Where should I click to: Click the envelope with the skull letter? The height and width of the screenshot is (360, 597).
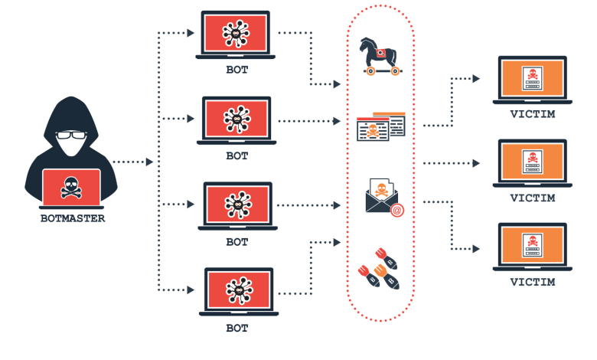381,198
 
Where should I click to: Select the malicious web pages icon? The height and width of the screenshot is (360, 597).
380,127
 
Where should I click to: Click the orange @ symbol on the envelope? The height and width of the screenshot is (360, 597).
396,210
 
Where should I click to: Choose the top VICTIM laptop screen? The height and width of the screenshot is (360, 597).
530,79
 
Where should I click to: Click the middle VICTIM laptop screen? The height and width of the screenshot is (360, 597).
530,162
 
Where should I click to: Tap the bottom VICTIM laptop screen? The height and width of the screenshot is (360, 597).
530,247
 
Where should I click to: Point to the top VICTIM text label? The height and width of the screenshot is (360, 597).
531,115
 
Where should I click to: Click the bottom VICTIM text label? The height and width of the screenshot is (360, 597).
531,283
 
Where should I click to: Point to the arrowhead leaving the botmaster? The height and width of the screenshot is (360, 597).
149,162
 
